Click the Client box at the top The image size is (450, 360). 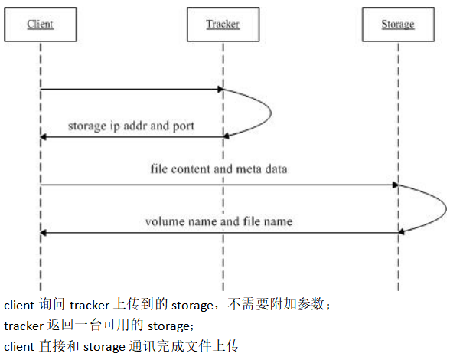click(40, 25)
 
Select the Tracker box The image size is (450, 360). click(223, 25)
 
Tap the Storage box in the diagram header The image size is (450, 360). click(398, 25)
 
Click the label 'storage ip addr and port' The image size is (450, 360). click(131, 126)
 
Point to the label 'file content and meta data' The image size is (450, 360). click(219, 169)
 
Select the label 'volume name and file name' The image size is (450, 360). click(219, 221)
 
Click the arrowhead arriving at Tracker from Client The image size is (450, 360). click(220, 89)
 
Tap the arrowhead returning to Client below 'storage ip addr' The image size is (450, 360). click(44, 137)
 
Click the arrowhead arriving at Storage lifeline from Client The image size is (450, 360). click(396, 185)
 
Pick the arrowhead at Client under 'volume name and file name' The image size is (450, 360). click(44, 233)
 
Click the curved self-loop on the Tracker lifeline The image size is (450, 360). click(271, 113)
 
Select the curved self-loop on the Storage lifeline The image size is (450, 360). click(446, 209)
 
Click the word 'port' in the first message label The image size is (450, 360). click(184, 126)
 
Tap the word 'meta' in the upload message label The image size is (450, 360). click(248, 169)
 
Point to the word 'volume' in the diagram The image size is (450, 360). click(163, 221)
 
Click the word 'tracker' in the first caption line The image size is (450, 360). click(90, 306)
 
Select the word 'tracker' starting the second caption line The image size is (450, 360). click(24, 326)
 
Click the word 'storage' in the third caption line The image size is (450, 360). click(104, 348)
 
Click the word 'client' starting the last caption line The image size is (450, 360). click(19, 347)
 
